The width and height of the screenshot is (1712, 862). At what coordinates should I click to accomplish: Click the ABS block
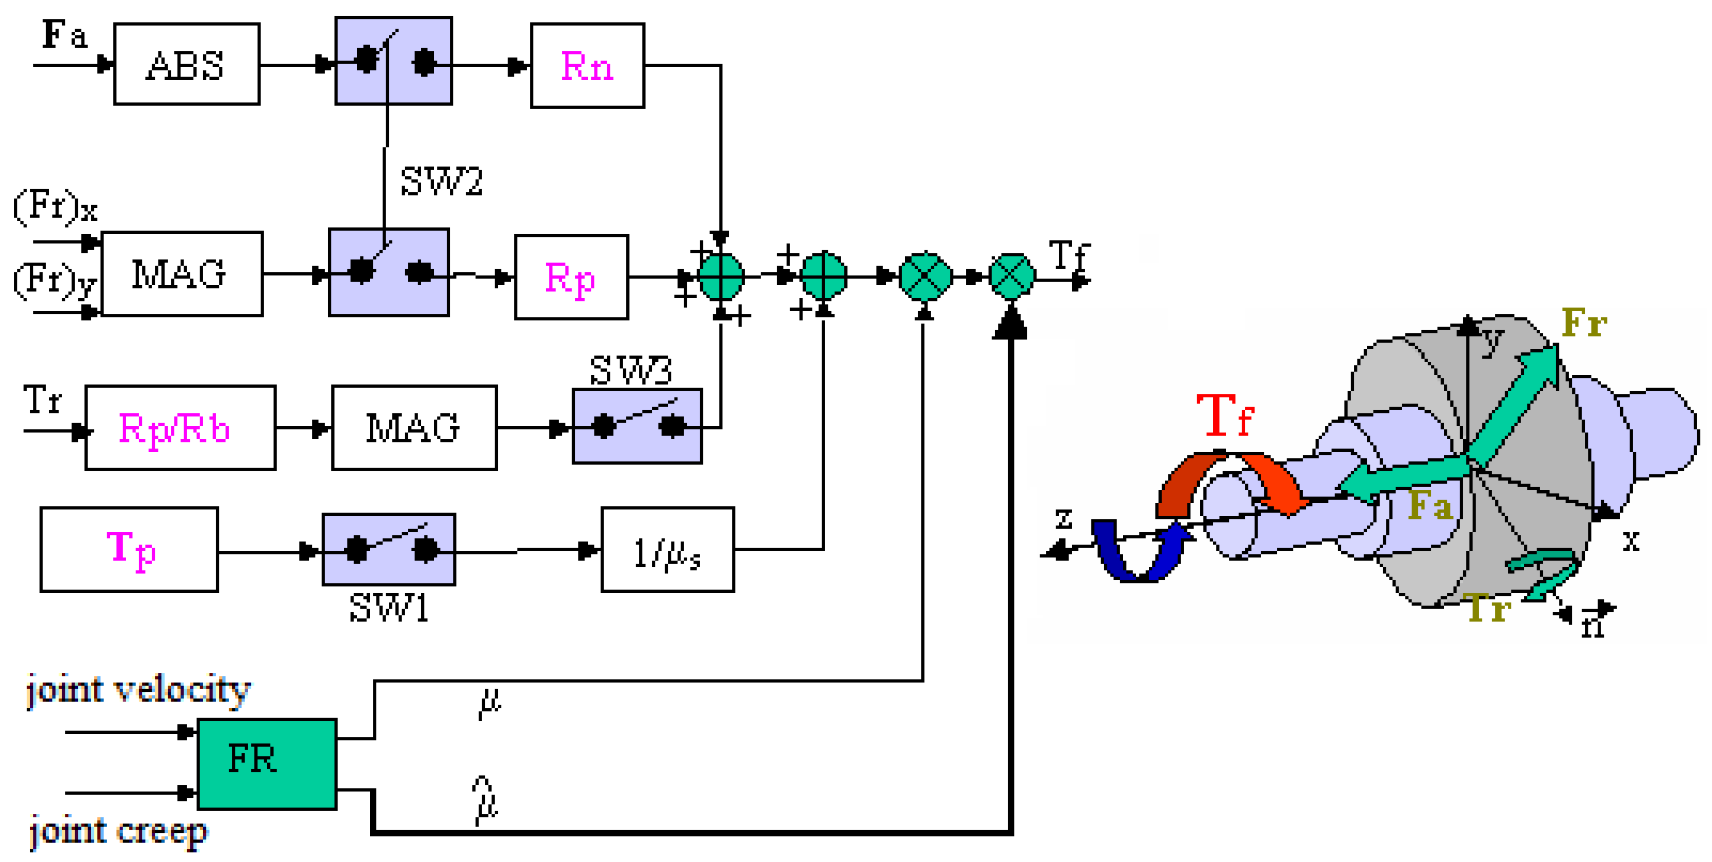tap(186, 65)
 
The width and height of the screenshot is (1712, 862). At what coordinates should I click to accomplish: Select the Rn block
tap(587, 65)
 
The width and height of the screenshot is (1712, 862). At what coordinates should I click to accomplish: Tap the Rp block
tap(571, 276)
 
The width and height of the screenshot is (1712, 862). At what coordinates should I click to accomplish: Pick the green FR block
tap(267, 763)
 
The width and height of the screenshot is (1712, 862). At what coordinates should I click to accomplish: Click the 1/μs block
tap(667, 550)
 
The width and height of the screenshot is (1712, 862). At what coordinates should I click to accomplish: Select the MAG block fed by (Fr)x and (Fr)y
tap(182, 274)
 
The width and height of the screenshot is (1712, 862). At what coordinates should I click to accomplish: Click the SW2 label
tap(441, 181)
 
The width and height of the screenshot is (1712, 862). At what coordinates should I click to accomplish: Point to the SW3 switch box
tap(636, 426)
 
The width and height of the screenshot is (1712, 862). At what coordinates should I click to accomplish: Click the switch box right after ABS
tap(393, 61)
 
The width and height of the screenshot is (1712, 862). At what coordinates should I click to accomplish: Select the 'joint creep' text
tap(118, 831)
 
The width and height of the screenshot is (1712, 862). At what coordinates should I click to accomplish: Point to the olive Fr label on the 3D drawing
tap(1584, 324)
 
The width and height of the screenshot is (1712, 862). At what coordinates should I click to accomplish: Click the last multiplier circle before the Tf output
tap(1011, 276)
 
